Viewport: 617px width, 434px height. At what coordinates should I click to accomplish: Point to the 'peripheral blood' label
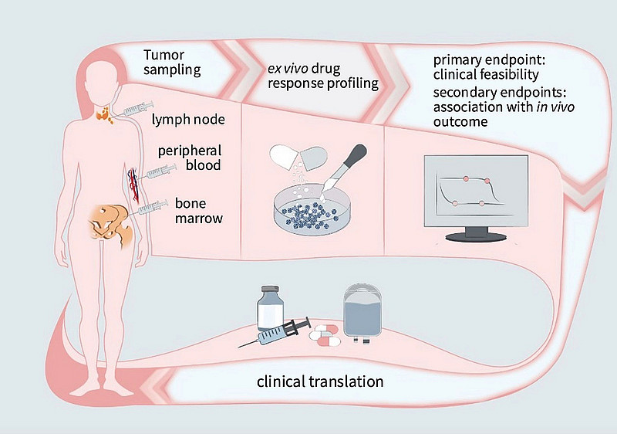[x=190, y=158]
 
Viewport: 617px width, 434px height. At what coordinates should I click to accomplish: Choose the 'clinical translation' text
[x=319, y=381]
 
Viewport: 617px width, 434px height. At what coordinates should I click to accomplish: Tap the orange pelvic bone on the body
[x=109, y=219]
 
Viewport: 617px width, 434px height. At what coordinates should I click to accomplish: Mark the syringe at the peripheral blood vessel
[x=151, y=170]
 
